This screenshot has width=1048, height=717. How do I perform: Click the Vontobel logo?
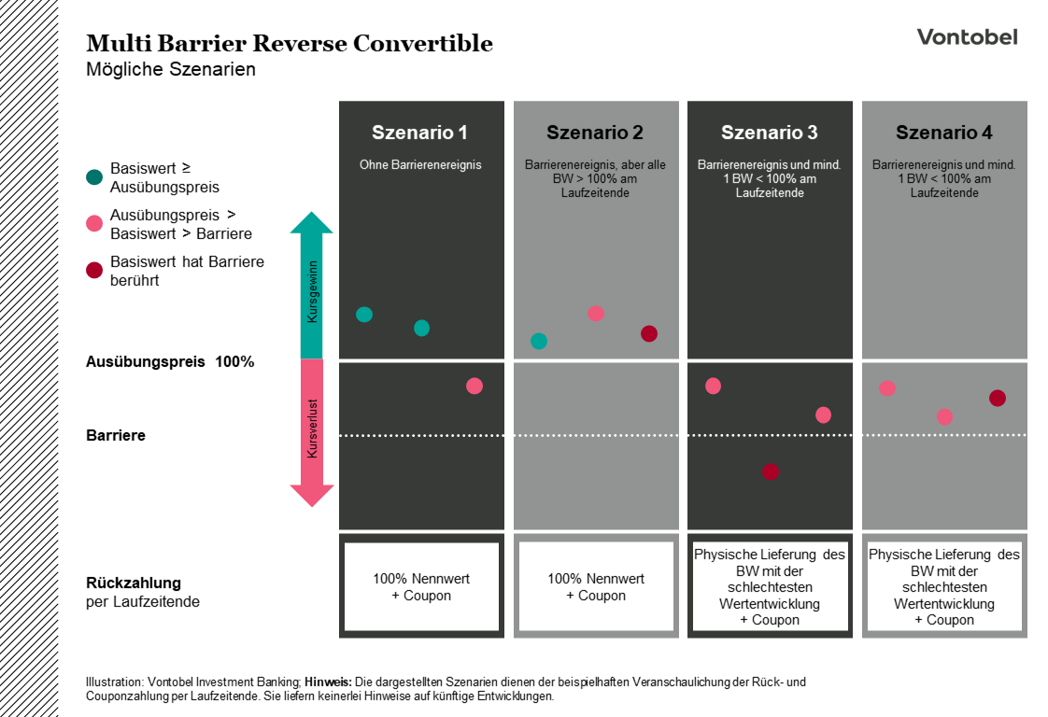click(x=967, y=37)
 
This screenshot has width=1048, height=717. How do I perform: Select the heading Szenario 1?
click(x=420, y=133)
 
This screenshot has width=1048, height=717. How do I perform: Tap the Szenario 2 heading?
click(x=595, y=133)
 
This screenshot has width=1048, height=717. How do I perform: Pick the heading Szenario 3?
click(x=770, y=133)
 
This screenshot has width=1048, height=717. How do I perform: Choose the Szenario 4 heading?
click(x=944, y=133)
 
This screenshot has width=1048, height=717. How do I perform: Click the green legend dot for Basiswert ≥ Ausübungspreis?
click(x=94, y=176)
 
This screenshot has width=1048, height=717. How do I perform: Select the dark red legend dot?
click(x=94, y=271)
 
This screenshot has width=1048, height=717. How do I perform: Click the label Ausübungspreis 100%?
click(x=170, y=361)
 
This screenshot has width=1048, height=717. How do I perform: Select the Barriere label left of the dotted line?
click(x=116, y=435)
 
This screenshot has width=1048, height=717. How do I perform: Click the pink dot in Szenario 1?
click(x=474, y=386)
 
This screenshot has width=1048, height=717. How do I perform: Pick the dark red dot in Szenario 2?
click(x=649, y=333)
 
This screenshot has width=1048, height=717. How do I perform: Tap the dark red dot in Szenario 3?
click(x=770, y=471)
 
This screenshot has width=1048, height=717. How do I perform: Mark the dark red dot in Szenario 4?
click(x=998, y=398)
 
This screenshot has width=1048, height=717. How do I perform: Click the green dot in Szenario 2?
click(x=539, y=341)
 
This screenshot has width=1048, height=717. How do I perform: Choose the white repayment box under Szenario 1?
click(x=421, y=586)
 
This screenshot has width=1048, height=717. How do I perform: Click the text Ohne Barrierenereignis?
click(x=420, y=165)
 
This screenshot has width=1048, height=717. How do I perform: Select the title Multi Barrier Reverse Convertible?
click(x=290, y=43)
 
